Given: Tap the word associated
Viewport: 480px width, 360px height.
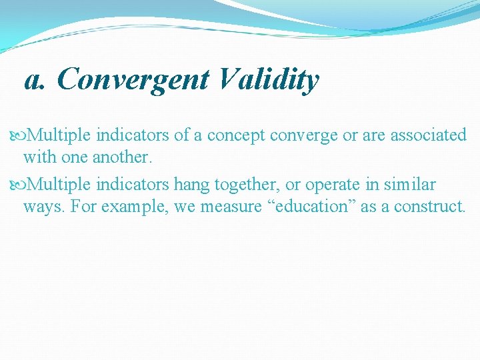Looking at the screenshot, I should [x=428, y=135].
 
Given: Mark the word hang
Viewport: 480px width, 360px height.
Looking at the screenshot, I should [x=191, y=184].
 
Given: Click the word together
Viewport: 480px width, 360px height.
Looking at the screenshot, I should [x=245, y=184].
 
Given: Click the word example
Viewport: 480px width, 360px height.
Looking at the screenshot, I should [x=138, y=207].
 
